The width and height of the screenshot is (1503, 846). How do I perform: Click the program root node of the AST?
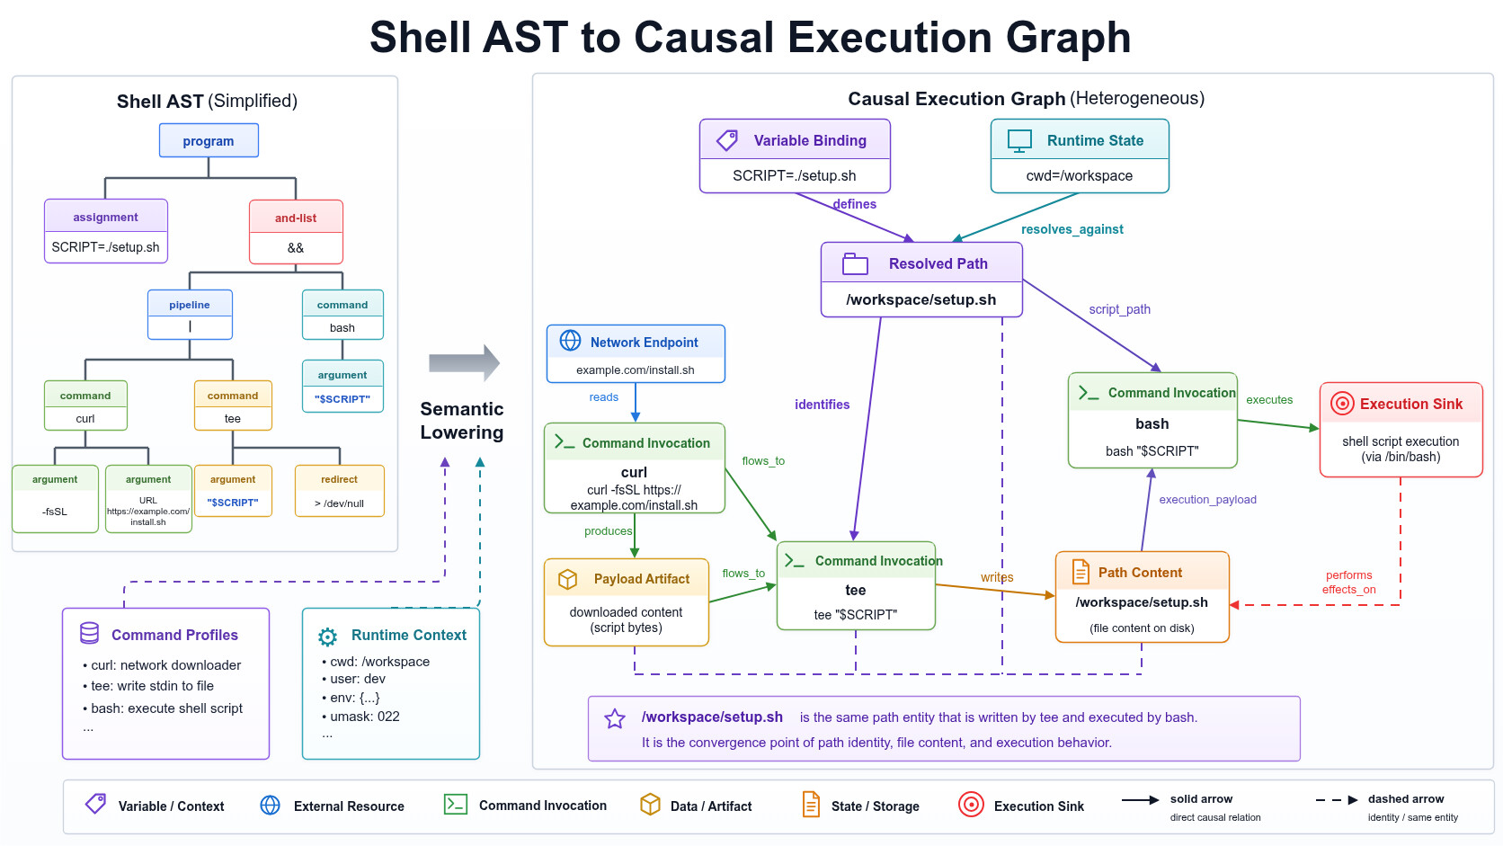click(x=209, y=140)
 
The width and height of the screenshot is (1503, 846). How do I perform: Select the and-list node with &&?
click(x=296, y=231)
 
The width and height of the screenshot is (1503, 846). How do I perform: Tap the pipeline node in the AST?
click(x=190, y=315)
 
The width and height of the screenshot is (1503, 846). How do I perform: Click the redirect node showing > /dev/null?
click(x=340, y=490)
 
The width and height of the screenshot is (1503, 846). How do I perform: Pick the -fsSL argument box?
click(x=55, y=498)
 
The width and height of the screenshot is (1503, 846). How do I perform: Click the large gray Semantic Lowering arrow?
click(x=465, y=363)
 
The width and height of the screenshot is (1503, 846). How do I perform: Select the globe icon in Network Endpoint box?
click(x=570, y=341)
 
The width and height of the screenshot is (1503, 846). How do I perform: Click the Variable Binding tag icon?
click(x=726, y=140)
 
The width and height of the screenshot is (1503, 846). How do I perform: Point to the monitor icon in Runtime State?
click(x=1019, y=141)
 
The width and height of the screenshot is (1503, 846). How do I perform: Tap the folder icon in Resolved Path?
click(x=855, y=263)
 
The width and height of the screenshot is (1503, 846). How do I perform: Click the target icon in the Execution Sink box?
click(x=1342, y=404)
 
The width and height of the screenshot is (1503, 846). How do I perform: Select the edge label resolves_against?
click(x=1072, y=229)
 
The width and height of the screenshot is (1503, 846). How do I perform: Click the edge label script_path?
click(x=1119, y=309)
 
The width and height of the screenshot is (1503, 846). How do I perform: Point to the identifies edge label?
click(x=822, y=405)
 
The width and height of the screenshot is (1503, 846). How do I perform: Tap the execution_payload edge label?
click(x=1208, y=500)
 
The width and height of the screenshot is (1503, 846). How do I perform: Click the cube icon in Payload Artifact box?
click(x=567, y=579)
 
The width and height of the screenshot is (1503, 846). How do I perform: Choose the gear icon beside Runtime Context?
click(x=327, y=637)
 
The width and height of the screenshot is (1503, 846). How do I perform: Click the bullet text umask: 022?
click(x=360, y=717)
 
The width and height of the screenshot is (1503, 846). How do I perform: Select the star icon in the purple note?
click(x=615, y=718)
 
